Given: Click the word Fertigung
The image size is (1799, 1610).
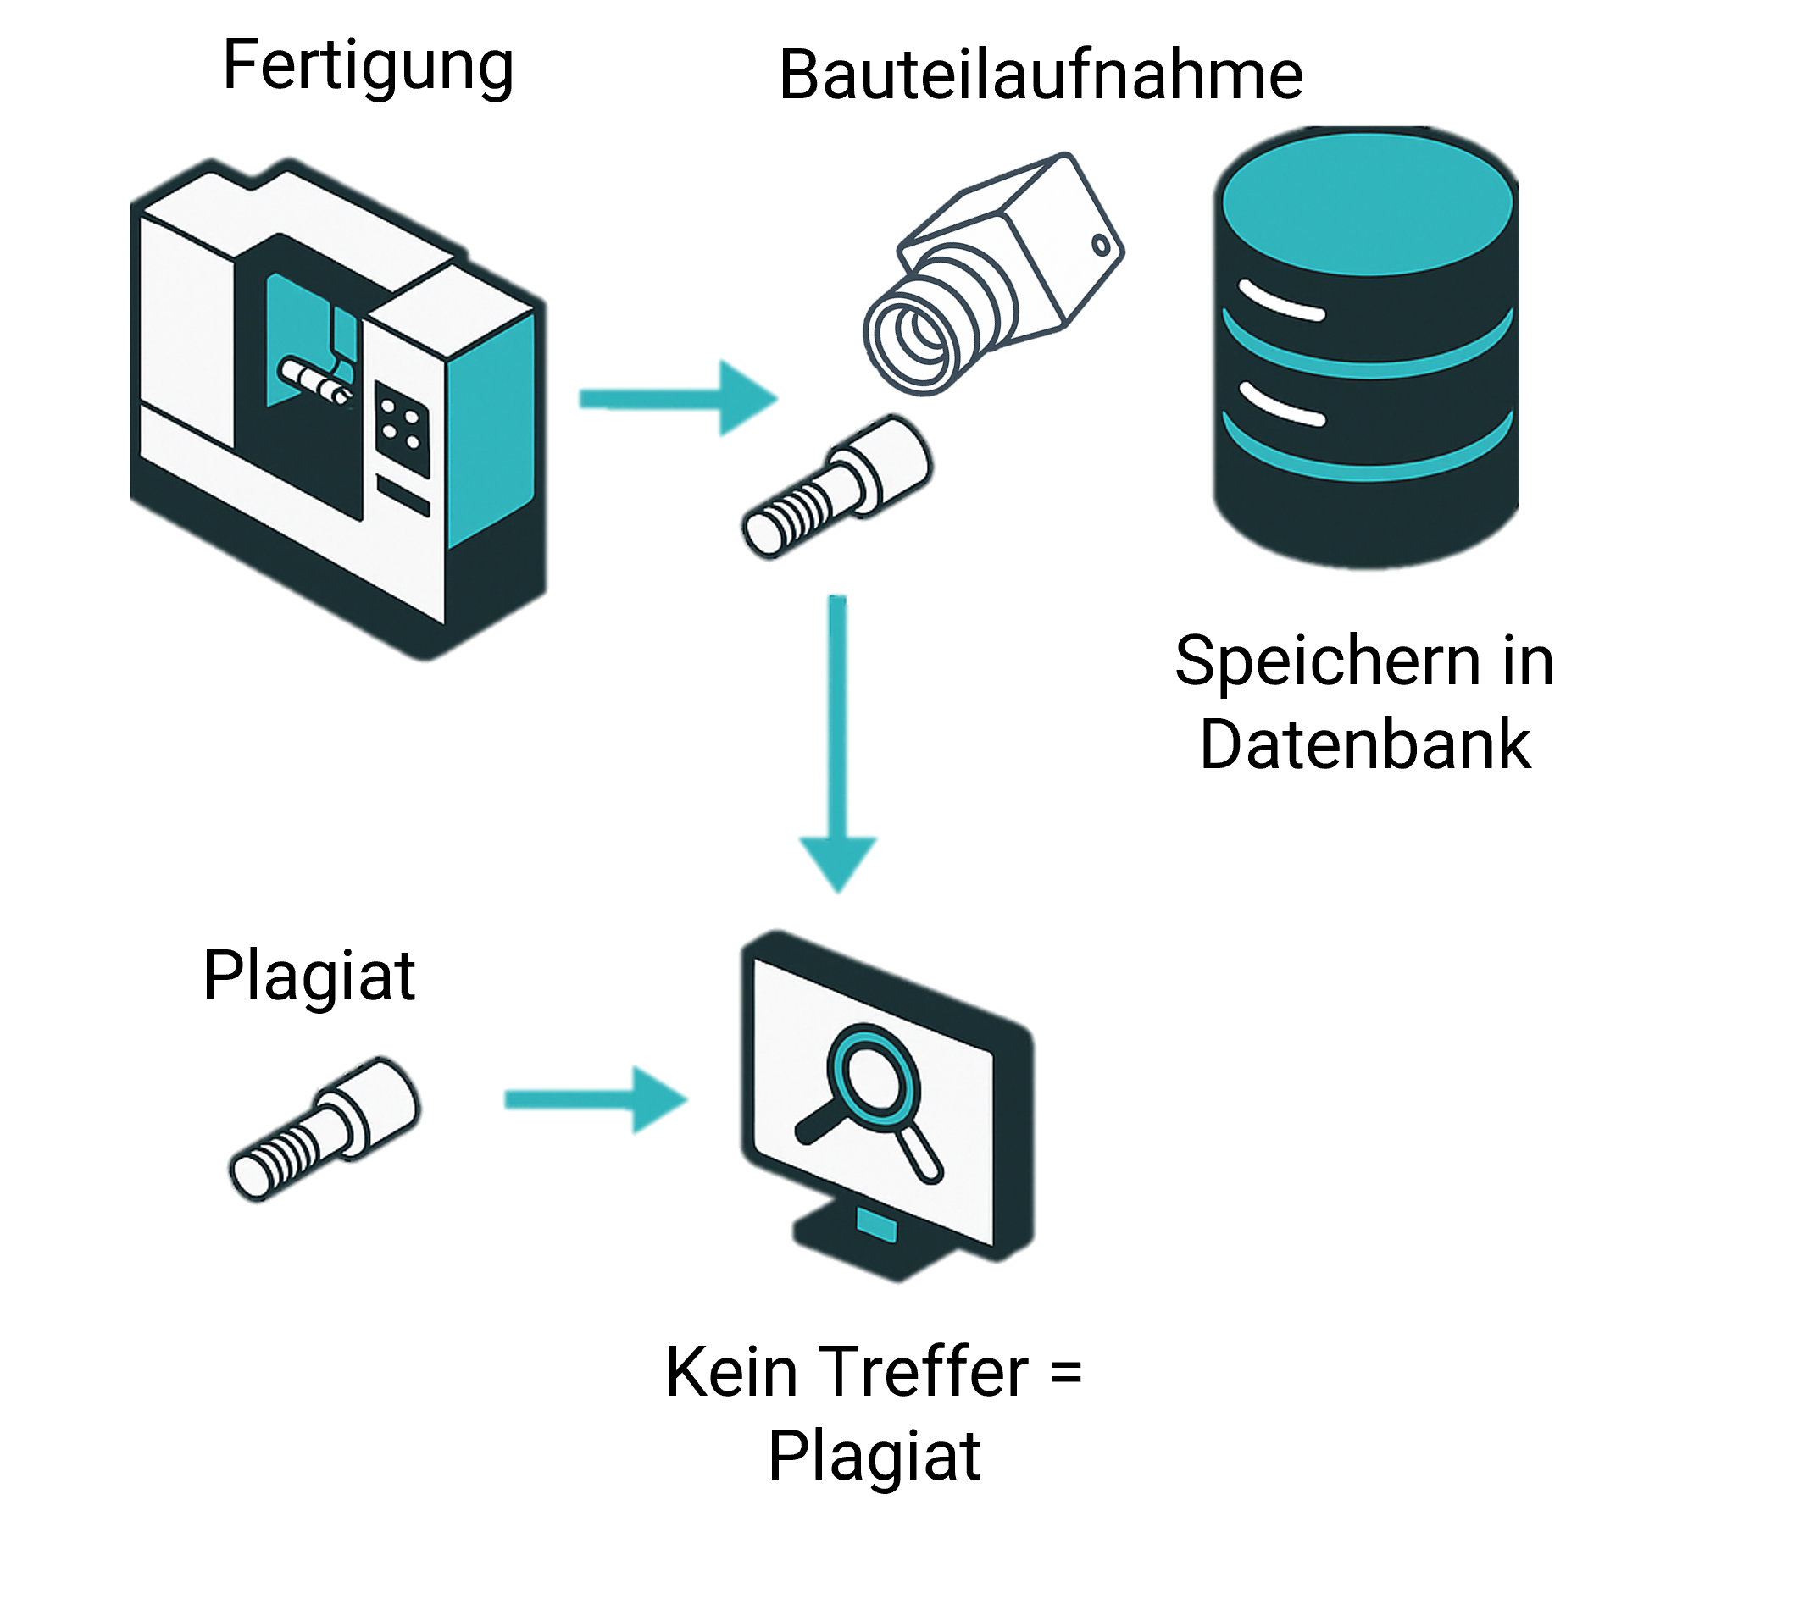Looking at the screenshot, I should [x=367, y=66].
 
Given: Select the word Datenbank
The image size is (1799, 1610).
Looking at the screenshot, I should [x=1364, y=744].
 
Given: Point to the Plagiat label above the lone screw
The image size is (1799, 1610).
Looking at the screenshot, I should [x=308, y=976].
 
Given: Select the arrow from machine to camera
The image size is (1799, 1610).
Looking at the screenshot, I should [x=677, y=398].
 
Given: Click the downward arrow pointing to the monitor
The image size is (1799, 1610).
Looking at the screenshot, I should [x=837, y=743].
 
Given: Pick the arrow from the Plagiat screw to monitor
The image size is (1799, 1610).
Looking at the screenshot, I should [x=595, y=1099].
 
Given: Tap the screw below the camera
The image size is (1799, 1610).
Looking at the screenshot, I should [x=836, y=486].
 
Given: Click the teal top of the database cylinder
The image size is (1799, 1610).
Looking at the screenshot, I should [x=1367, y=203].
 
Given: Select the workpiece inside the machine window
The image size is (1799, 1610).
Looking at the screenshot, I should [x=314, y=380].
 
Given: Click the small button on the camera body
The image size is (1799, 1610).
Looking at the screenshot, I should [x=1100, y=245].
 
